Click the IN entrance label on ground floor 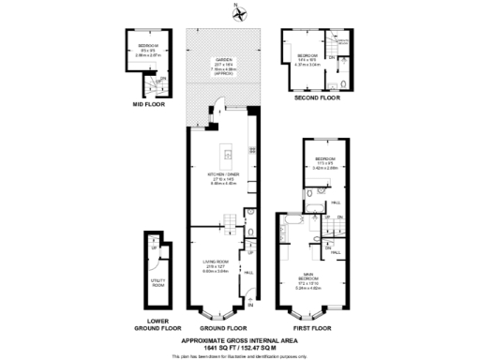click(249, 305)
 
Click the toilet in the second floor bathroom click(346, 82)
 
